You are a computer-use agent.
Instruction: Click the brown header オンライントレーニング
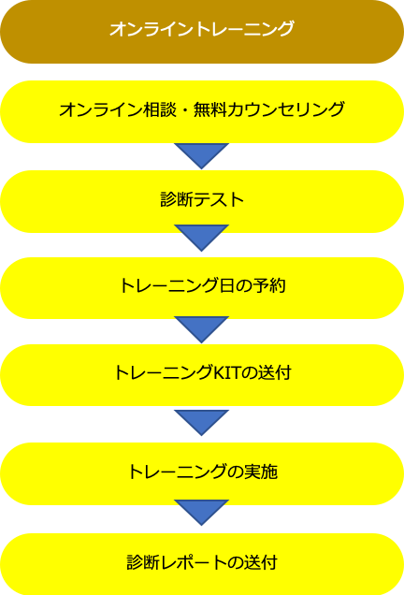pyautogui.click(x=202, y=32)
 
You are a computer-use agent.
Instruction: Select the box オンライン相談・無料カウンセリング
pyautogui.click(x=202, y=111)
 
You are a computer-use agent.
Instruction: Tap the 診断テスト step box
pyautogui.click(x=202, y=201)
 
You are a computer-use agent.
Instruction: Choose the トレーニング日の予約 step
pyautogui.click(x=202, y=288)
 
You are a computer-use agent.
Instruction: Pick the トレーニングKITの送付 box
pyautogui.click(x=202, y=375)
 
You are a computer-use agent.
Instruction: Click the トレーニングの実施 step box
pyautogui.click(x=202, y=473)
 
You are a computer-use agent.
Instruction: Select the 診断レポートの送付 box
pyautogui.click(x=202, y=564)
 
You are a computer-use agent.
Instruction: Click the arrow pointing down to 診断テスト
pyautogui.click(x=201, y=155)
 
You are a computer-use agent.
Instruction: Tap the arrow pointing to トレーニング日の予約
pyautogui.click(x=201, y=238)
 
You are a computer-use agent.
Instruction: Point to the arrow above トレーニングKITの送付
pyautogui.click(x=201, y=329)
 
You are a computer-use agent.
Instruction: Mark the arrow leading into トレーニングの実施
pyautogui.click(x=201, y=422)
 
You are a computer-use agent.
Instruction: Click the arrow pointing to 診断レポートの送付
pyautogui.click(x=201, y=513)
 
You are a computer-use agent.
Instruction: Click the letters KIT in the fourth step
pyautogui.click(x=227, y=373)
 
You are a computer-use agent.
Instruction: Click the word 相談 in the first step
pyautogui.click(x=160, y=110)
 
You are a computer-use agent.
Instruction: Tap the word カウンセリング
pyautogui.click(x=286, y=110)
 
